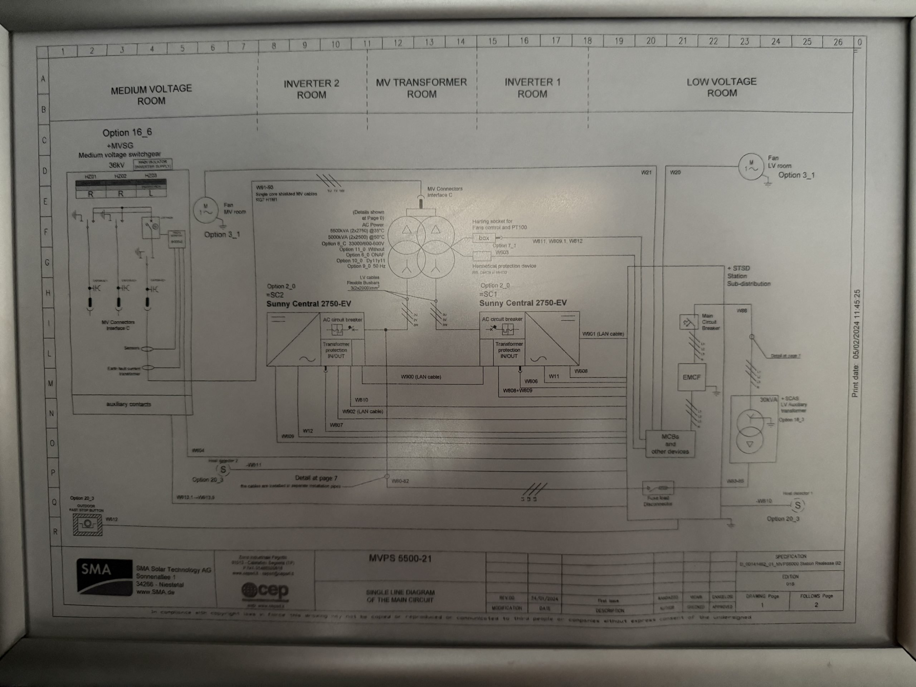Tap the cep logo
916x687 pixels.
coord(265,590)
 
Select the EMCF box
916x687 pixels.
coord(691,377)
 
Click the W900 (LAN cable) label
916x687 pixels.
coord(421,377)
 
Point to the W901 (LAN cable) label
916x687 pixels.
coord(603,334)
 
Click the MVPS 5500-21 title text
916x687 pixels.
coord(400,558)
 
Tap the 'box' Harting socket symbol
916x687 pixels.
coord(484,238)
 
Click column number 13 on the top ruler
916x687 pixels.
coord(429,42)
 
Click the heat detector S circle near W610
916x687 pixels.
coord(797,505)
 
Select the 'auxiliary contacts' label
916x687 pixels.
coord(128,404)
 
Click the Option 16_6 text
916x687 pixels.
coord(127,132)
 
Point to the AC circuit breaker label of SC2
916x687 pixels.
coord(342,320)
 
